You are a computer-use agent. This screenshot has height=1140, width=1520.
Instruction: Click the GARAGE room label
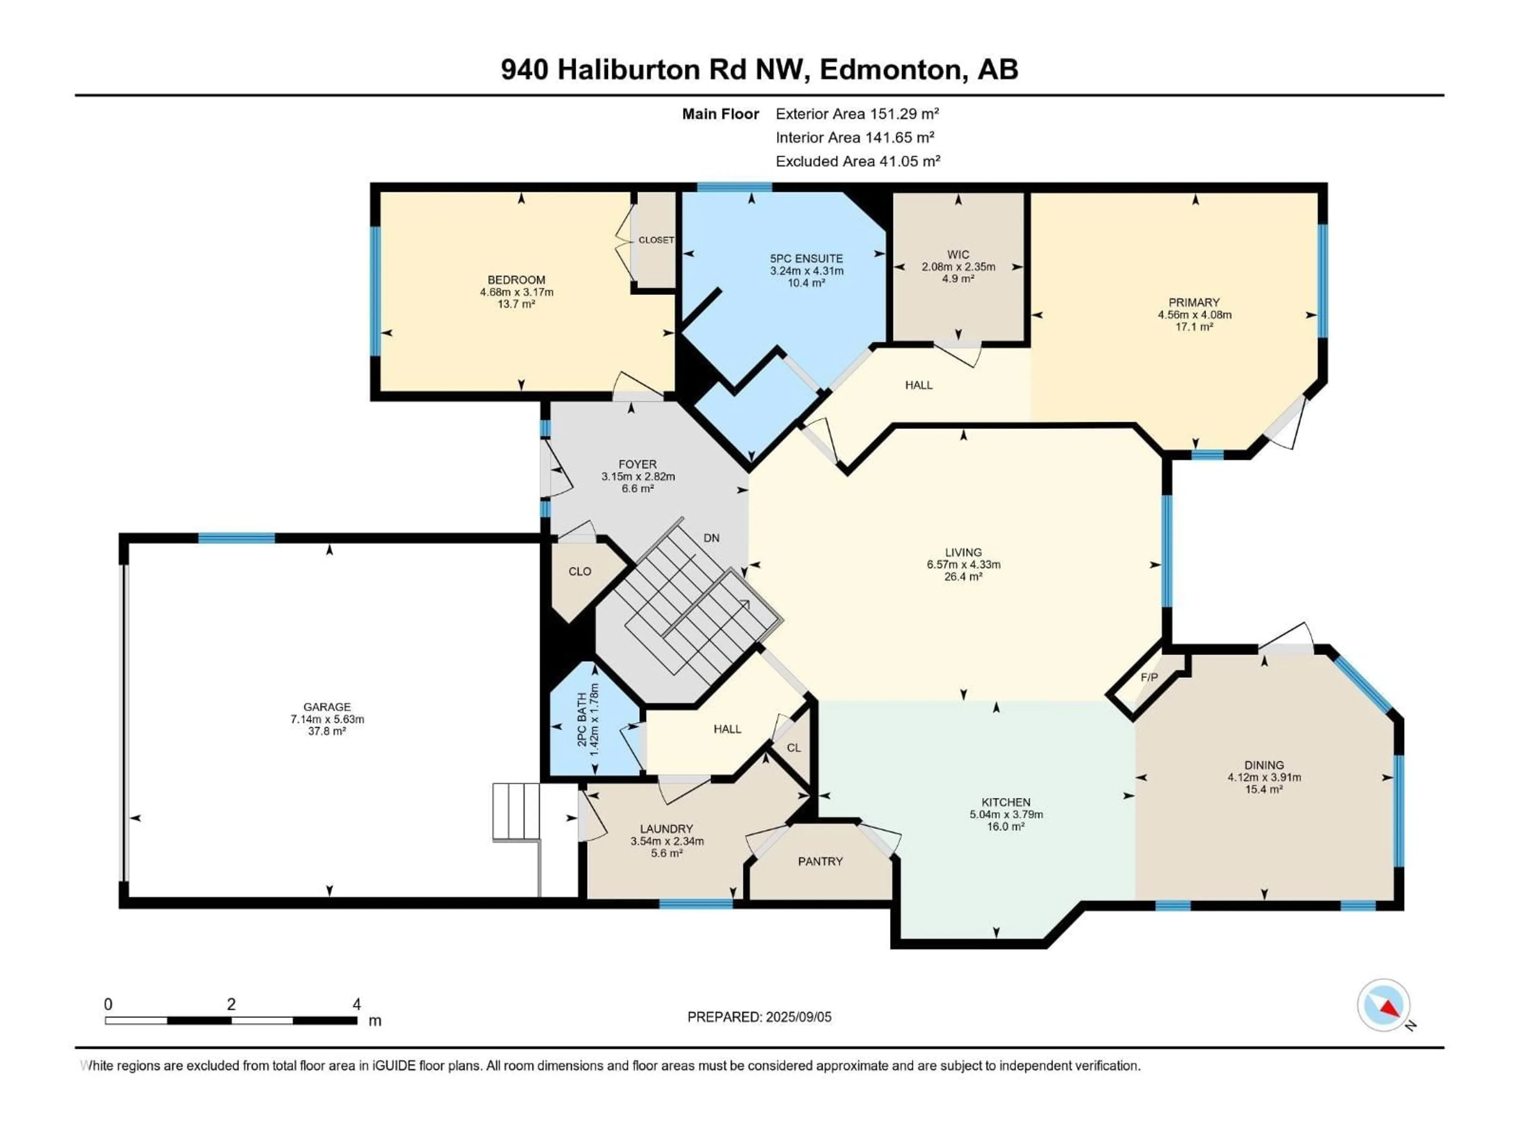[327, 707]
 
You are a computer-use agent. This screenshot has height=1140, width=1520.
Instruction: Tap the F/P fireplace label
[1149, 677]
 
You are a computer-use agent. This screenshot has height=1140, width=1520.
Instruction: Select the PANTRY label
[820, 861]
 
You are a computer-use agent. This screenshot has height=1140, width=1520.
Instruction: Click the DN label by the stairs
[711, 538]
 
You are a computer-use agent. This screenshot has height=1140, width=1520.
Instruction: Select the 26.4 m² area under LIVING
[963, 576]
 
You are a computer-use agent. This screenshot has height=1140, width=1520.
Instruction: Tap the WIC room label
[958, 254]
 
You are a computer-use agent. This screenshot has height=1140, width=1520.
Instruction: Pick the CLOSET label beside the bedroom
[655, 240]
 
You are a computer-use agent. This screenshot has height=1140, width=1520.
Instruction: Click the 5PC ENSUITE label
[806, 258]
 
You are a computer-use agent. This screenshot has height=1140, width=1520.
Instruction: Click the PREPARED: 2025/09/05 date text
[759, 1017]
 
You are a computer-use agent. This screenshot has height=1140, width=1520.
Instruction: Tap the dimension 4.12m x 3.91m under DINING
[1263, 777]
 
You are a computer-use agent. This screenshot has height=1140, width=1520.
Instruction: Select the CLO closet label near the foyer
[579, 571]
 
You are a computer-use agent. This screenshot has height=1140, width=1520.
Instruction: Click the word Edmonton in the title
[890, 69]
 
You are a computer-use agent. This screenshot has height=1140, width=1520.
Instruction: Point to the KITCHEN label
[1005, 802]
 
